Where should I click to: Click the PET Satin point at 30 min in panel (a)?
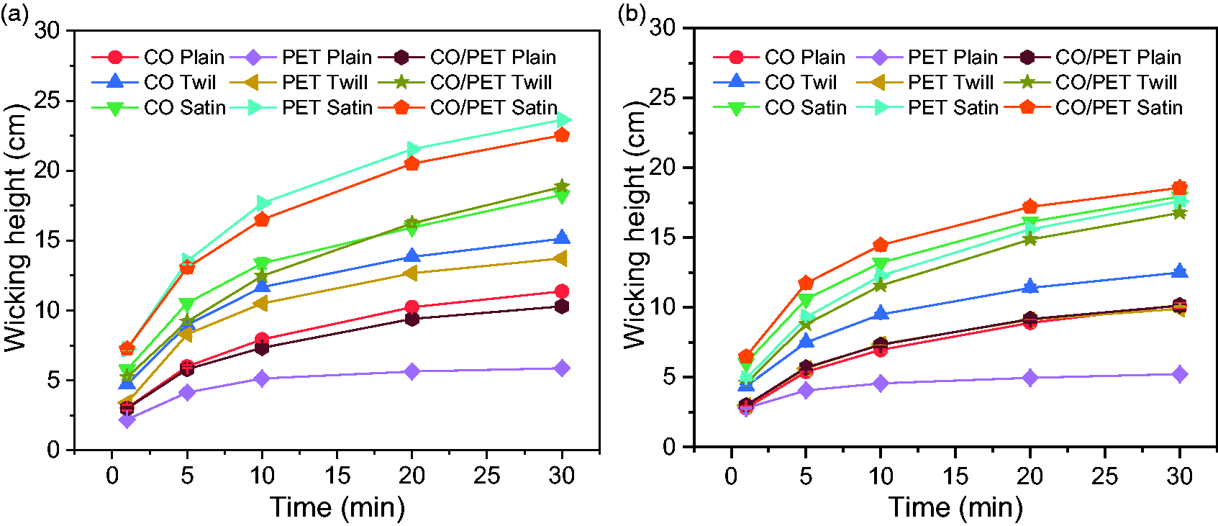(563, 119)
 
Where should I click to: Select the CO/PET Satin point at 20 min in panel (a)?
(412, 163)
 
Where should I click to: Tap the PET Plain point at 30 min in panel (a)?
(562, 368)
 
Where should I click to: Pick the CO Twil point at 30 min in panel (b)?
(1179, 271)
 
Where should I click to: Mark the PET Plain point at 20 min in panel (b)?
(1030, 378)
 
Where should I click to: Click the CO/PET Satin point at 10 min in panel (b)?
(881, 245)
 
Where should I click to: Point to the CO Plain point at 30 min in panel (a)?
(562, 291)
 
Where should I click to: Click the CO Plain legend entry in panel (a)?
(158, 57)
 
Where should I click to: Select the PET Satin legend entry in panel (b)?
(927, 108)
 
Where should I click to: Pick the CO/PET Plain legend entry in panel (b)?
(1092, 57)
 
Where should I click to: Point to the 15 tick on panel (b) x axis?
(955, 476)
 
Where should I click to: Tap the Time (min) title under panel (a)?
(337, 507)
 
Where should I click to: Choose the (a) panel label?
(14, 14)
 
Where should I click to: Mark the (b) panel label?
(632, 14)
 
